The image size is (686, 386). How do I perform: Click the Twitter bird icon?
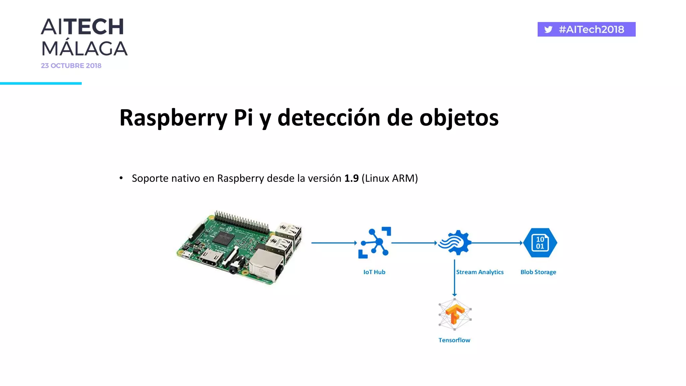[548, 29]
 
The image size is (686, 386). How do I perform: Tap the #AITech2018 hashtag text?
[591, 29]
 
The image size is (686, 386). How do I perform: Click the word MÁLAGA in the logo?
[84, 49]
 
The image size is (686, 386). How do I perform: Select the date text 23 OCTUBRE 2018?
[71, 66]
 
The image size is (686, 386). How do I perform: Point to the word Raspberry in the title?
[173, 118]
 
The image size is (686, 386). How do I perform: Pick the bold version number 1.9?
[351, 178]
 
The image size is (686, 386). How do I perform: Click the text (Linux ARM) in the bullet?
[390, 178]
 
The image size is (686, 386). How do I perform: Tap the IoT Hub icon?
[375, 243]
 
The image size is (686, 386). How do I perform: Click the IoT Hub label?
[374, 272]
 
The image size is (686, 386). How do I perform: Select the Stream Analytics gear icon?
[455, 243]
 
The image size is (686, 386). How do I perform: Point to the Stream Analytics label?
[480, 272]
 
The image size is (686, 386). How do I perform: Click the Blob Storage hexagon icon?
[540, 243]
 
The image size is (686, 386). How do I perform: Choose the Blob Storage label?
[538, 272]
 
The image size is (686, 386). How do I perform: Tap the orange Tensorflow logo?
[455, 314]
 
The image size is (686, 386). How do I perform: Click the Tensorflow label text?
[454, 340]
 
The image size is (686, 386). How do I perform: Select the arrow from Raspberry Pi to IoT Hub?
[334, 243]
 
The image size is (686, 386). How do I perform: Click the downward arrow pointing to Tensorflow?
[454, 278]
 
